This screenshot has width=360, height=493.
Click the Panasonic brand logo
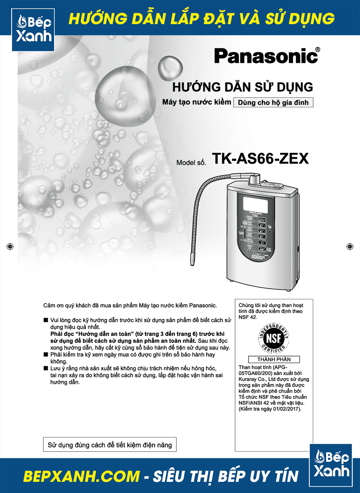point(266,56)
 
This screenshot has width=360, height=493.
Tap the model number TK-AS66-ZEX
point(260,159)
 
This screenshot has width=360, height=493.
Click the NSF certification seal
point(274,339)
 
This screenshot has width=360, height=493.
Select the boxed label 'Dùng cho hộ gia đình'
point(273,103)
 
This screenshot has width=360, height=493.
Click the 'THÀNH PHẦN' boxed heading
point(274,359)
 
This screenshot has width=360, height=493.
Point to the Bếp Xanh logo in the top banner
point(33,30)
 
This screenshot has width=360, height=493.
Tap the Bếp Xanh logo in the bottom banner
point(331,465)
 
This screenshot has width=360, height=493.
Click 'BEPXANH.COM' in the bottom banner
point(81,476)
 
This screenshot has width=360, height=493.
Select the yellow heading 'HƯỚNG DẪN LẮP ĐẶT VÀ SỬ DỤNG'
point(202,19)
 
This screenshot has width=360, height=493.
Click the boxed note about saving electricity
point(110,445)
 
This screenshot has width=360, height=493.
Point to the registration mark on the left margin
point(10,246)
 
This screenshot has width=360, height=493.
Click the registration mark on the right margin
point(350,246)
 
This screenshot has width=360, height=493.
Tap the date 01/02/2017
point(287,409)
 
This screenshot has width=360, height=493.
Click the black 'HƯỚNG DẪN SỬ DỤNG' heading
point(243,87)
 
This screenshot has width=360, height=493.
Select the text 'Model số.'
point(191,163)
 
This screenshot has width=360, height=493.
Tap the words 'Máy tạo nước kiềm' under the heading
point(197,102)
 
